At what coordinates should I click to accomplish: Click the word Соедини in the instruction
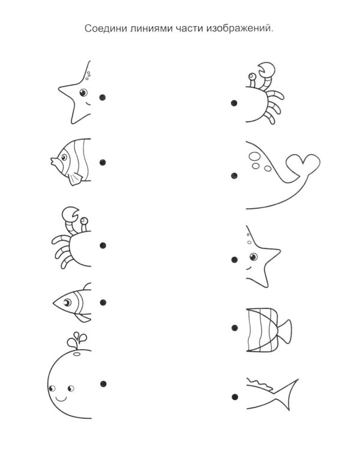pos(106,29)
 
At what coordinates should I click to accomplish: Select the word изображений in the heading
pos(239,29)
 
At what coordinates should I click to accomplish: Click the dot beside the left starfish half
pos(103,98)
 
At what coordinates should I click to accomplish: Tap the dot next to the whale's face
pos(103,384)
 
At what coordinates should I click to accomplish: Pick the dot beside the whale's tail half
pos(234,176)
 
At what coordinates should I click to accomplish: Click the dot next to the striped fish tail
pos(235,328)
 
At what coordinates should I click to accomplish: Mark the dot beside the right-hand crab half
pos(234,103)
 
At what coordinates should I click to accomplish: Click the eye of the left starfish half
pos(83,92)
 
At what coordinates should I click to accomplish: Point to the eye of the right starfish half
pos(253,257)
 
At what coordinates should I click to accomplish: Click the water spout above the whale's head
pos(77,340)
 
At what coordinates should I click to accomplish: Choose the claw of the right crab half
pos(266,70)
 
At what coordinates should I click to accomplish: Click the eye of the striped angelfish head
pos(64,157)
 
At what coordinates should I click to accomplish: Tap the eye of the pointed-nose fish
pos(67,302)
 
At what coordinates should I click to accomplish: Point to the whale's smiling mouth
pos(61,399)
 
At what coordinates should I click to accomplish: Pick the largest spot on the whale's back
pos(254,156)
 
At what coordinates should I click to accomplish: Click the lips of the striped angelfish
pos(53,161)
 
